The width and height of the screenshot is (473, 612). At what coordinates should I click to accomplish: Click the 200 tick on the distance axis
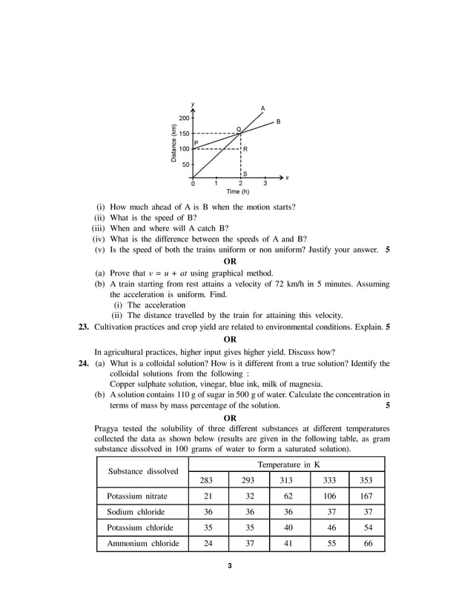[x=183, y=118]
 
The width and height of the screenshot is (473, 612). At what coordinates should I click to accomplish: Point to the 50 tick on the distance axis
[x=185, y=164]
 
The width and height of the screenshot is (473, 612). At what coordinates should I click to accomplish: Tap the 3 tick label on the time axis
[x=265, y=183]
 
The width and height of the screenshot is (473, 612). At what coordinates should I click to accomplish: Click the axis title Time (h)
[x=238, y=192]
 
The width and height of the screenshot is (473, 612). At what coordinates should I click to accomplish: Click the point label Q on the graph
[x=238, y=129]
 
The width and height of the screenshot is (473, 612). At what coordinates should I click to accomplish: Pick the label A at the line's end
[x=262, y=108]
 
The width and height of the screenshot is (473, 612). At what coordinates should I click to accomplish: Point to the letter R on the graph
[x=245, y=150]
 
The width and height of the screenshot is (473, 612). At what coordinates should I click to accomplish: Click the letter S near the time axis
[x=245, y=173]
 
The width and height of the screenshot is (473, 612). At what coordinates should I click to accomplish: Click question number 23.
[x=85, y=326]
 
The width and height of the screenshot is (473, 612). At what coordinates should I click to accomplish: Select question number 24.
[x=85, y=364]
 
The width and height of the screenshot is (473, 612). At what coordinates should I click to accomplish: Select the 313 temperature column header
[x=285, y=479]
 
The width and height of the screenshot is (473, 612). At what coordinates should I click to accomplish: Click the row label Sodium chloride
[x=136, y=512]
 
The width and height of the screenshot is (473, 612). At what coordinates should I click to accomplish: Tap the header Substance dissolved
[x=143, y=471]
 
